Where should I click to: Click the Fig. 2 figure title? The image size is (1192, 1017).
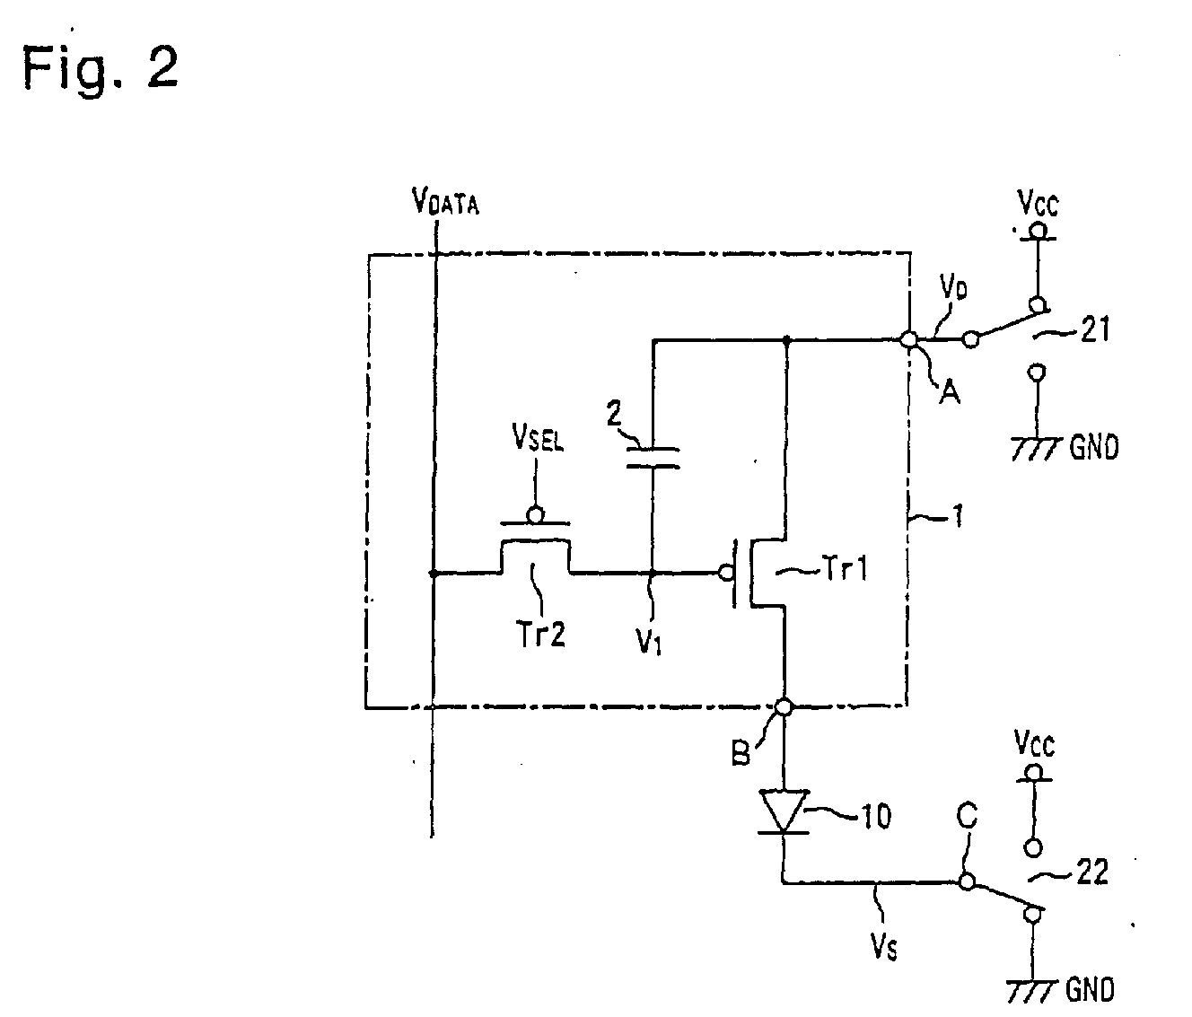click(x=101, y=67)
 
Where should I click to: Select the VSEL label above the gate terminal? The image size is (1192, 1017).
click(x=538, y=437)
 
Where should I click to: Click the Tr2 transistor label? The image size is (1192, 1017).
click(x=540, y=633)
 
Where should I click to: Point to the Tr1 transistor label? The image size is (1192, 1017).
click(x=846, y=568)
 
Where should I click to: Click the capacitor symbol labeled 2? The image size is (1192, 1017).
click(x=653, y=458)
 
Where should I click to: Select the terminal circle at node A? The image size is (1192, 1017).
click(x=909, y=338)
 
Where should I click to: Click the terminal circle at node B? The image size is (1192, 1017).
click(x=784, y=706)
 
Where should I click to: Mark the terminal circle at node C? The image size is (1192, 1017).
click(x=967, y=881)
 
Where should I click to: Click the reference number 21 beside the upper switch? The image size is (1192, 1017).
click(x=1094, y=330)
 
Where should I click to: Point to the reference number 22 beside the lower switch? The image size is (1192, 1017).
click(x=1092, y=872)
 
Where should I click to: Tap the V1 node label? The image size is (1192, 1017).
click(x=649, y=640)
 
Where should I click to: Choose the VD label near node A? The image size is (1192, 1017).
click(x=953, y=286)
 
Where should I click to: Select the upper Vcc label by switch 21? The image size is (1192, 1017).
click(x=1038, y=203)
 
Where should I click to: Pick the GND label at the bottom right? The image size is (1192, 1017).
click(x=1090, y=990)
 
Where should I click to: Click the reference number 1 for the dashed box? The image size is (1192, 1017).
click(x=958, y=516)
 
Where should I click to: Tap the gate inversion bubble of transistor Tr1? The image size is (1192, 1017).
click(x=726, y=573)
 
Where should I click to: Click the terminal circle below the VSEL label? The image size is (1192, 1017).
click(x=536, y=514)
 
